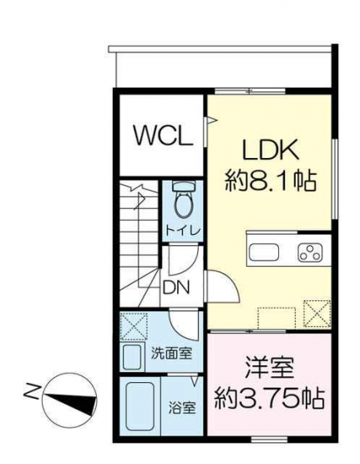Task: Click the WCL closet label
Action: (164, 135)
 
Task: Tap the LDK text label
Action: (270, 150)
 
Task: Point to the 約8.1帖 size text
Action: (271, 181)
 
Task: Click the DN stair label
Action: (176, 287)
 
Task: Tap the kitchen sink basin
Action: (264, 252)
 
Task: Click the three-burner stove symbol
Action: (310, 252)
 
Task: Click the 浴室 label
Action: (182, 408)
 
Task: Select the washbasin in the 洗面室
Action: (132, 357)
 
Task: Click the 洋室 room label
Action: (269, 369)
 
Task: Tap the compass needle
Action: (70, 400)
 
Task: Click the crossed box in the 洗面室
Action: (134, 326)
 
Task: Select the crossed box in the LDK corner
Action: (317, 314)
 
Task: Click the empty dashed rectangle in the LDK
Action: (276, 319)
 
